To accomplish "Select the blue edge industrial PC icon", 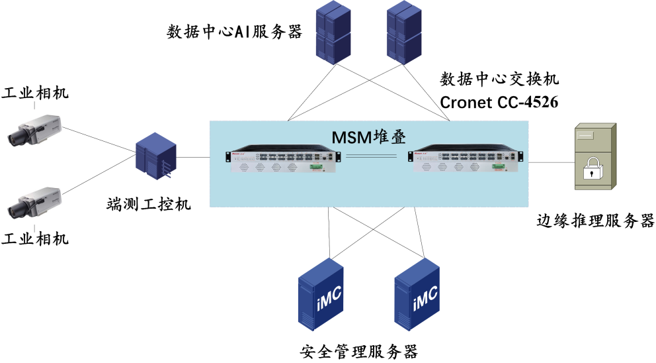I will pyautogui.click(x=156, y=155).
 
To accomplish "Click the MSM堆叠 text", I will pyautogui.click(x=368, y=138).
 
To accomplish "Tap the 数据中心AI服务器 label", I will pyautogui.click(x=234, y=31).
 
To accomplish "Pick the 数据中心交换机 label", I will pyautogui.click(x=500, y=80).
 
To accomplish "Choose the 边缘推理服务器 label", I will pyautogui.click(x=594, y=221).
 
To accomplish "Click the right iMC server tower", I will pyautogui.click(x=417, y=295).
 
